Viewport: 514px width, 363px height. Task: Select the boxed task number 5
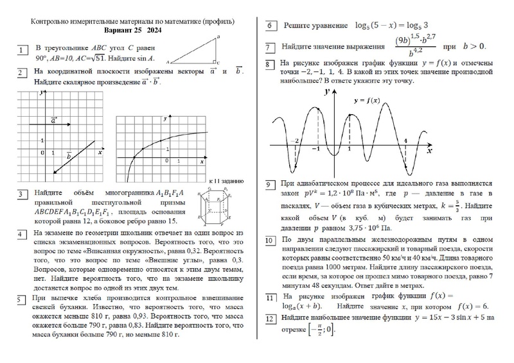click(x=22, y=298)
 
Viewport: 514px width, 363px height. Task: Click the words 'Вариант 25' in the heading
click(x=123, y=30)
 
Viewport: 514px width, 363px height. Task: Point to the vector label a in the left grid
click(x=53, y=119)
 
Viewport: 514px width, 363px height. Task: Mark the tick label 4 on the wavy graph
click(x=405, y=140)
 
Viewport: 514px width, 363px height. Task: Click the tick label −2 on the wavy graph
click(x=294, y=140)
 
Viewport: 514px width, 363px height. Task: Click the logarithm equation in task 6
click(x=391, y=26)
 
